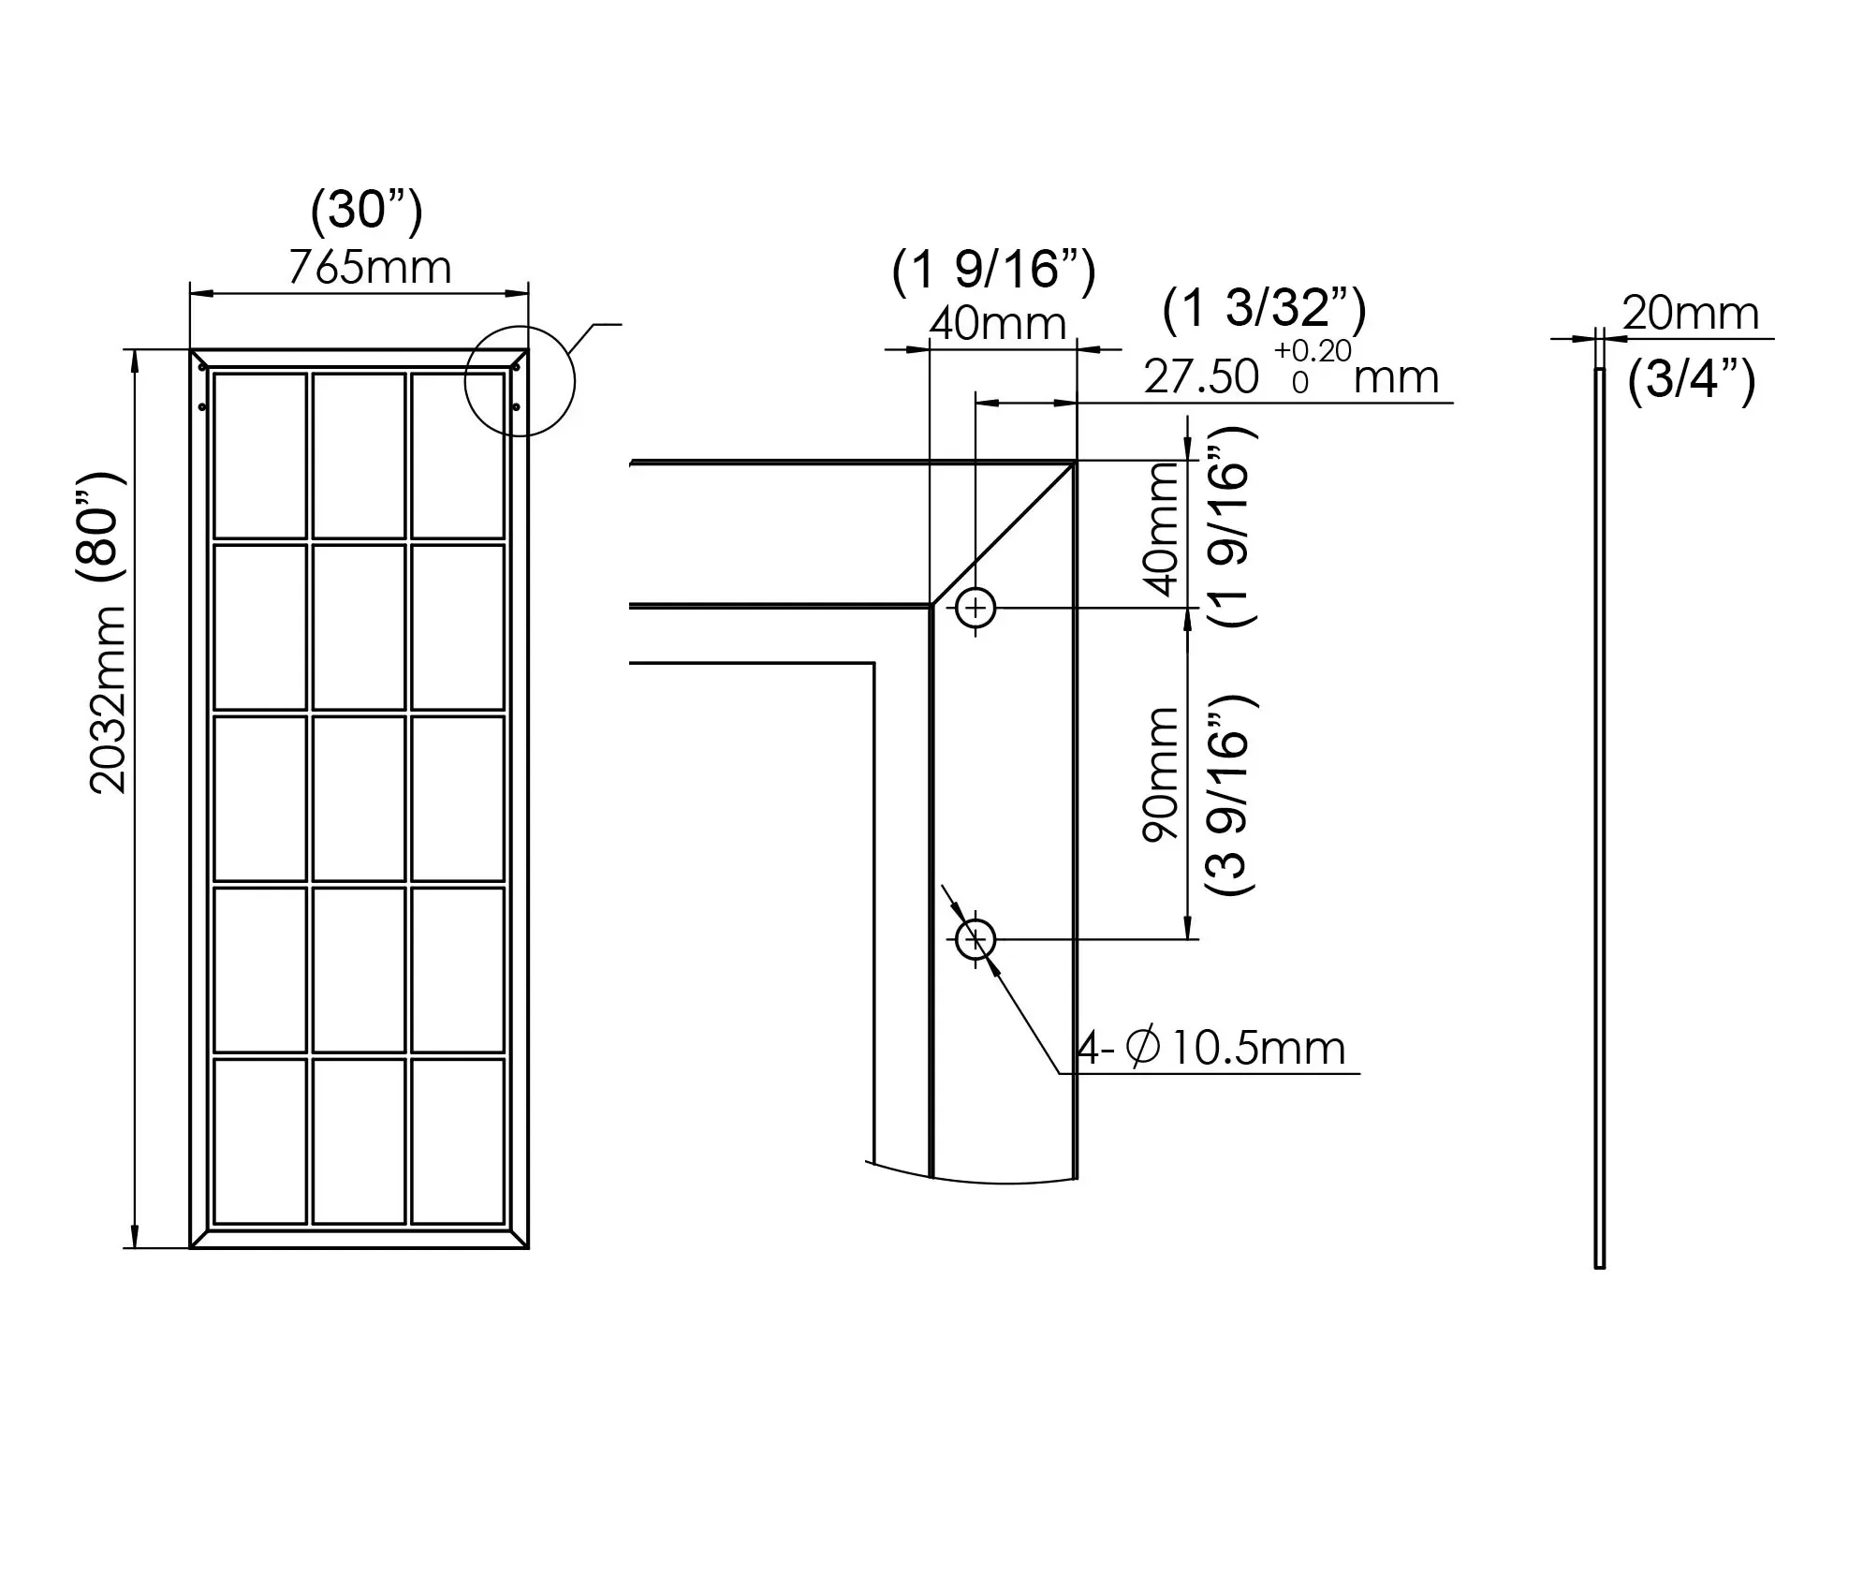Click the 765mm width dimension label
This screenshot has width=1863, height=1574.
[370, 268]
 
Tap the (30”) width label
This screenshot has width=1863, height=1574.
[366, 209]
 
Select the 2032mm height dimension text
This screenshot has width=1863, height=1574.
[109, 699]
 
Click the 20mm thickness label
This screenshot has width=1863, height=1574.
[1690, 313]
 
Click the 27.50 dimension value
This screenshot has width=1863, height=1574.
[1201, 377]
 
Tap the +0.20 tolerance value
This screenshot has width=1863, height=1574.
[1313, 351]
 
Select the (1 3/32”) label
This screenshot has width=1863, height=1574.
[1264, 308]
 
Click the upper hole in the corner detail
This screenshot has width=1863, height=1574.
[976, 609]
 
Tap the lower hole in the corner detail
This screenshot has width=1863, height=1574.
[976, 938]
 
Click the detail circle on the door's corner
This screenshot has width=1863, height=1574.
[520, 381]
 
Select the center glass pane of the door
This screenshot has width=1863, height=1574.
[359, 799]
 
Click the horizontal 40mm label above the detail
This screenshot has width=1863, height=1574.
[998, 324]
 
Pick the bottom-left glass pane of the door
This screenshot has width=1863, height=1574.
[260, 1140]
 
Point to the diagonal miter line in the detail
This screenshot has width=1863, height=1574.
[1002, 534]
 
